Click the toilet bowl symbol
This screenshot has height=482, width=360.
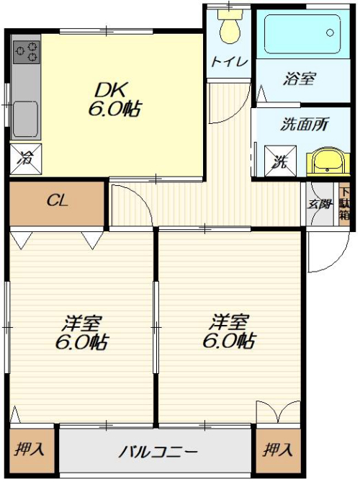coord(230,27)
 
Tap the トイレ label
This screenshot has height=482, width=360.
coord(229,62)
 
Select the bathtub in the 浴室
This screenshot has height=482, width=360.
coord(302,35)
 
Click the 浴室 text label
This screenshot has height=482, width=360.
coord(299,78)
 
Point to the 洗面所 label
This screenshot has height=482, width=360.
coord(304,124)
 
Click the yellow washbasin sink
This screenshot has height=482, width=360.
coord(328,162)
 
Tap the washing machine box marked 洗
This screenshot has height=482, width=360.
coord(281,161)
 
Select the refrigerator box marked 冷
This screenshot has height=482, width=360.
coord(26,159)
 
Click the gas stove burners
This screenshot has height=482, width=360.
coord(27,53)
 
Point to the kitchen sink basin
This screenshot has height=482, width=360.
coord(25,119)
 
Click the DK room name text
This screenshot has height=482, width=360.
coord(111,89)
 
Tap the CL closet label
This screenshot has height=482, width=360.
coord(57,201)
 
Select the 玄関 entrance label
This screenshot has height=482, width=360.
coord(320,204)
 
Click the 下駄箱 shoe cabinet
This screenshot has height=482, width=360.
coord(344,204)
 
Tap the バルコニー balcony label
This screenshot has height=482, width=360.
coord(158,452)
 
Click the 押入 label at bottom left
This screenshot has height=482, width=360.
coord(30,449)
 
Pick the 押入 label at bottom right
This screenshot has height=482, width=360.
coord(277,450)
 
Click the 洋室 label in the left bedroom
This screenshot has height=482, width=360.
coord(81,323)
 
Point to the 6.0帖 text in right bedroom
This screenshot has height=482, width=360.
coord(229,340)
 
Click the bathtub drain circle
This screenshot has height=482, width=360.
coord(330,32)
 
